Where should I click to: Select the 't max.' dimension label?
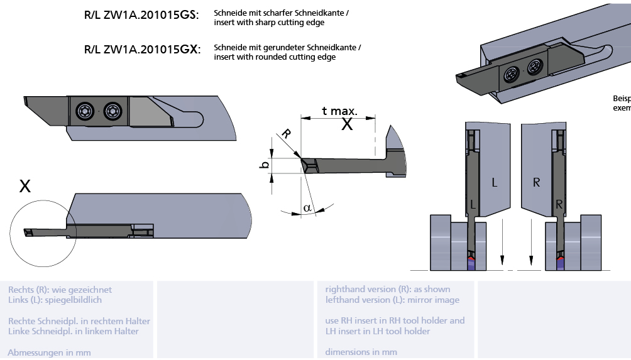[339, 111]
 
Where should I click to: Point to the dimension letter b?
[265, 165]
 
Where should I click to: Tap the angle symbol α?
[307, 207]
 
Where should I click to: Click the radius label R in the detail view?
[286, 134]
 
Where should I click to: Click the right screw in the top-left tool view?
[112, 111]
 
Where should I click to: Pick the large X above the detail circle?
[25, 186]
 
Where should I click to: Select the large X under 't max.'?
[347, 124]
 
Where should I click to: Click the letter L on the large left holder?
[494, 183]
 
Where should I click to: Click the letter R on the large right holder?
[536, 183]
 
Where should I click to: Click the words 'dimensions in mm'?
[361, 352]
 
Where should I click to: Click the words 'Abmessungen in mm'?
[49, 352]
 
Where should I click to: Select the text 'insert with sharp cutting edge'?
[269, 23]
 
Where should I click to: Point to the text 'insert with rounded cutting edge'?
[274, 57]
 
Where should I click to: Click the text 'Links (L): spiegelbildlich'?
[55, 300]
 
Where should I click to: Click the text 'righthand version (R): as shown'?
[387, 290]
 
